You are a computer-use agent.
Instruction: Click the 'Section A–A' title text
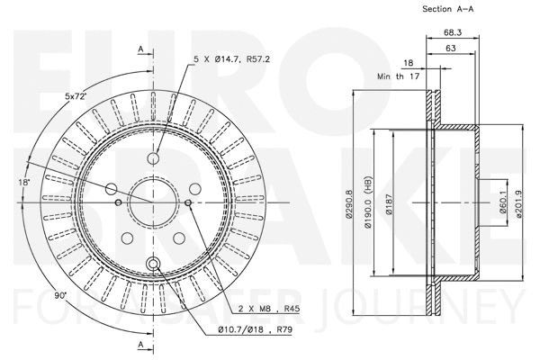(448, 9)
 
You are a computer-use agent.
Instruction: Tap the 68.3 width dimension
(453, 32)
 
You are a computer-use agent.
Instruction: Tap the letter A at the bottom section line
(141, 345)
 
